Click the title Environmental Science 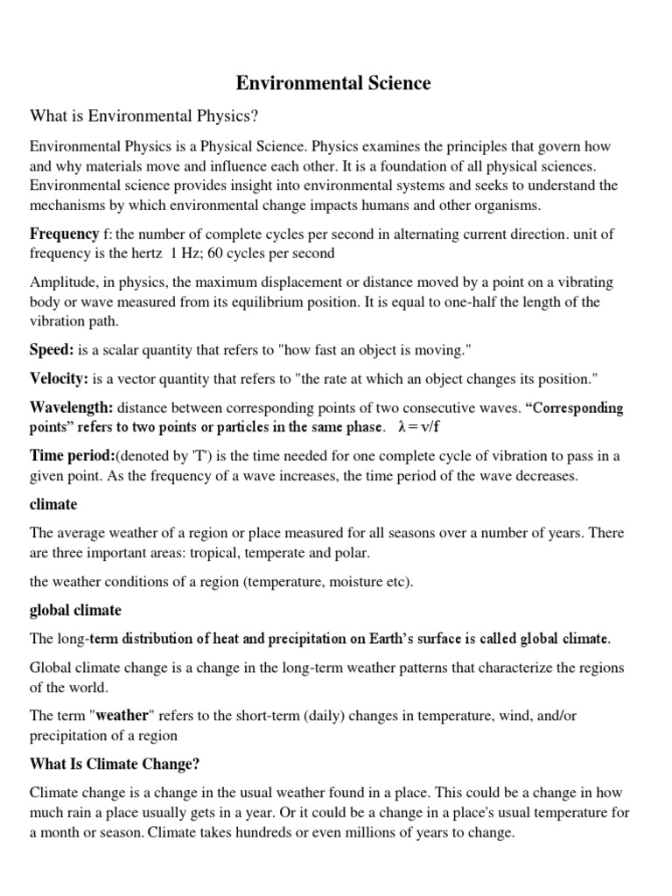click(x=334, y=84)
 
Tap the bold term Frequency click(x=64, y=234)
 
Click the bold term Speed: click(x=52, y=349)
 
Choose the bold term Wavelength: click(x=72, y=408)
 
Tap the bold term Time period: click(x=72, y=456)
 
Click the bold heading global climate click(x=75, y=610)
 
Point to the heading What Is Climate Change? click(x=115, y=764)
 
